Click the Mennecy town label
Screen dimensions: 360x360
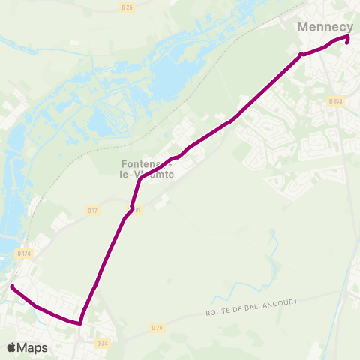coord(325,26)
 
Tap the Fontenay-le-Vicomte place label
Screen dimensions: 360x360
coord(147,169)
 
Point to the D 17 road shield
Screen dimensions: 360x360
coord(92,211)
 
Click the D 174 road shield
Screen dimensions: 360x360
coord(25,254)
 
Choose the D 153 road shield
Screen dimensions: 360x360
coord(335,101)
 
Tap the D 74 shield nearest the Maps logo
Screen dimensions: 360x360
coord(103,343)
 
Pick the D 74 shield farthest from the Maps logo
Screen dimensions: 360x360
coord(156,328)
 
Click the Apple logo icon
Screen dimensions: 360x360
coord(10,347)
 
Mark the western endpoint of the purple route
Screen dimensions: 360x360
coord(12,286)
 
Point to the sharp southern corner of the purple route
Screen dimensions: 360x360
coord(79,324)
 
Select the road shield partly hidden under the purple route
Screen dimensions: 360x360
coord(137,210)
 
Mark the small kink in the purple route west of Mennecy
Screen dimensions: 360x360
coord(301,55)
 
